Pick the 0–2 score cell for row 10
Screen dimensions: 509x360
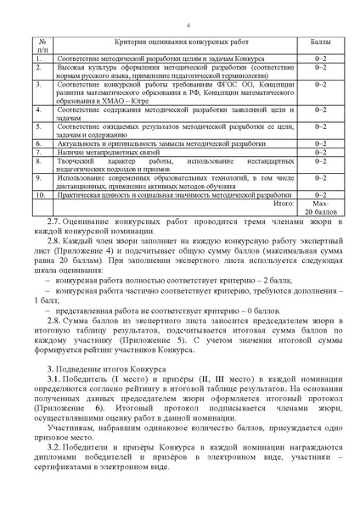pos(320,195)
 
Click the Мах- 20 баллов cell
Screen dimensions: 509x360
pos(320,208)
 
